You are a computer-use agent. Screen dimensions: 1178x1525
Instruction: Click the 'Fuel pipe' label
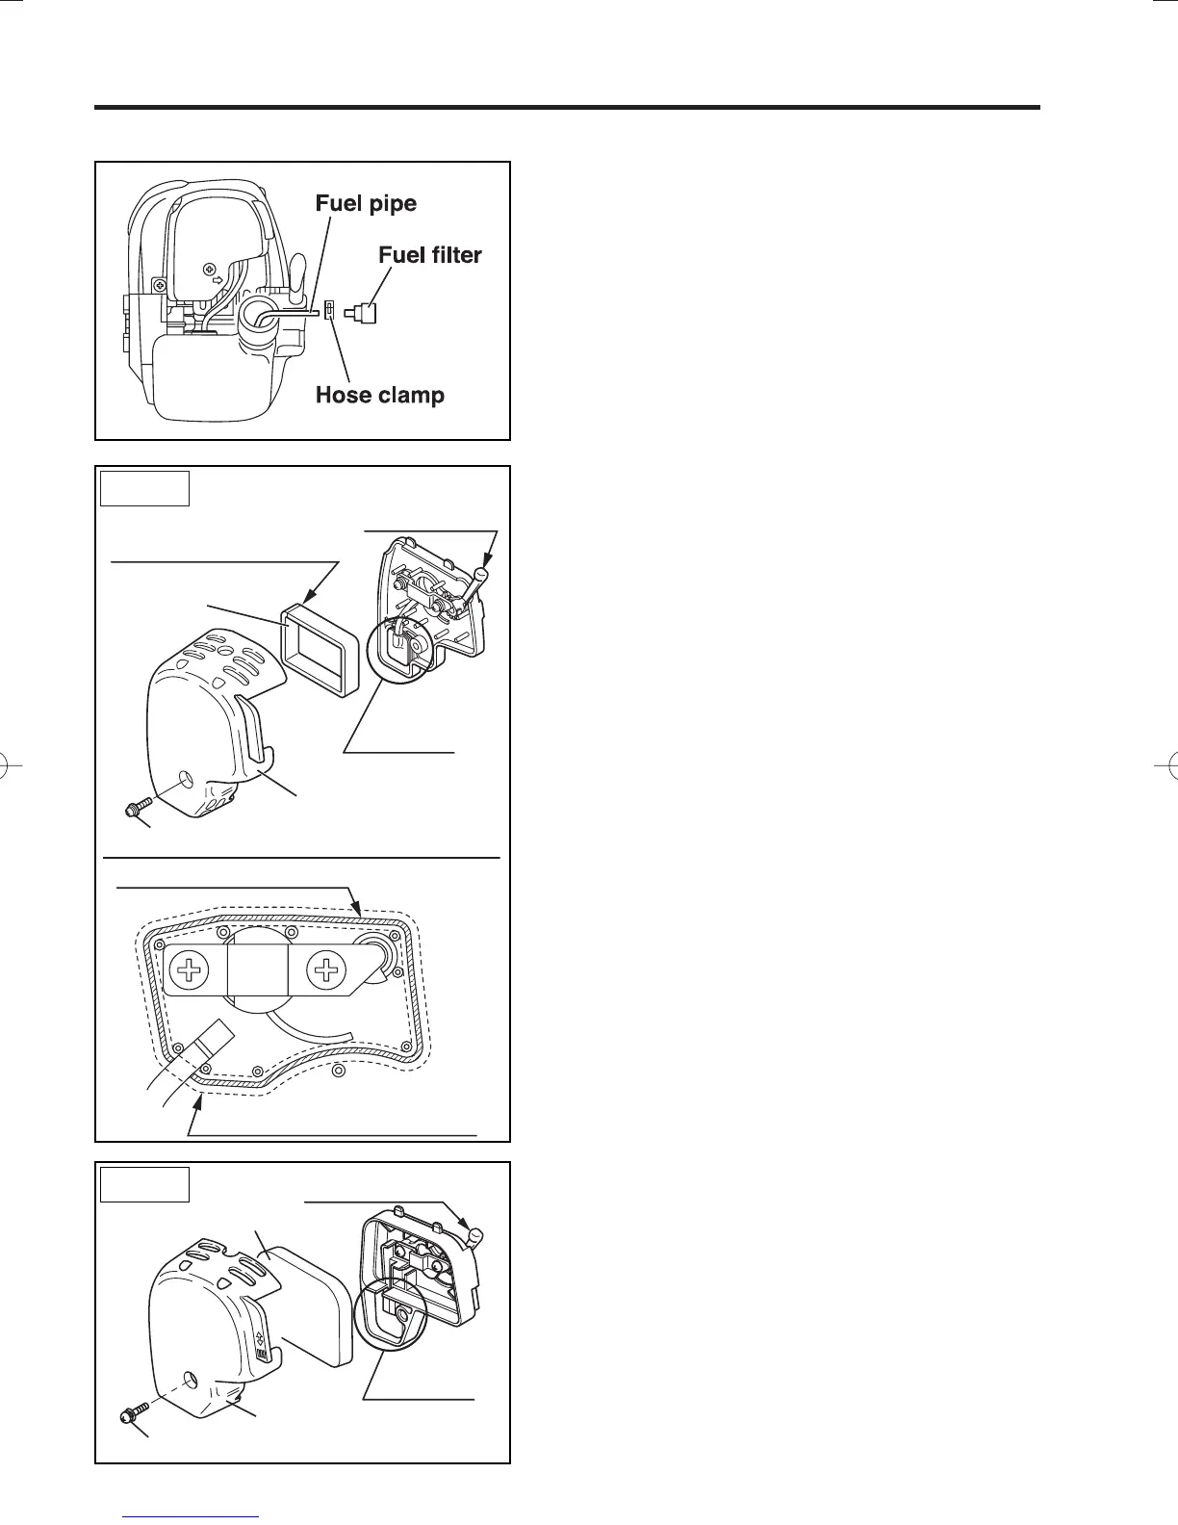pos(366,204)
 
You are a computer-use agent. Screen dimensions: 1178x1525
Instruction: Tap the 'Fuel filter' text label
pos(429,255)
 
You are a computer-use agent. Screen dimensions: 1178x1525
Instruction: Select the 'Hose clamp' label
pos(380,396)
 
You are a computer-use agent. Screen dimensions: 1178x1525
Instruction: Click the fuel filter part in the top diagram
pos(363,313)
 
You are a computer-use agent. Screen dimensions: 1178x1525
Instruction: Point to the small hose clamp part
pos(330,310)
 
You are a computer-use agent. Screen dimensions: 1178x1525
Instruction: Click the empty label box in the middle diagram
pos(144,488)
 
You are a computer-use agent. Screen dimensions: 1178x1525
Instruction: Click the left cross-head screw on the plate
pos(191,970)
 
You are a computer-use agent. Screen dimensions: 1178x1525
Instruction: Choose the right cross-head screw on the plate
pos(328,969)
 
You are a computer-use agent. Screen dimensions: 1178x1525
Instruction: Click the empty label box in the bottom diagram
pos(144,1183)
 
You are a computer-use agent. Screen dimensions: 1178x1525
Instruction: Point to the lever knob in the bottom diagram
pos(474,1234)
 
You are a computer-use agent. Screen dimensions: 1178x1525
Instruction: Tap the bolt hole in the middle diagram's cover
pos(188,777)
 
